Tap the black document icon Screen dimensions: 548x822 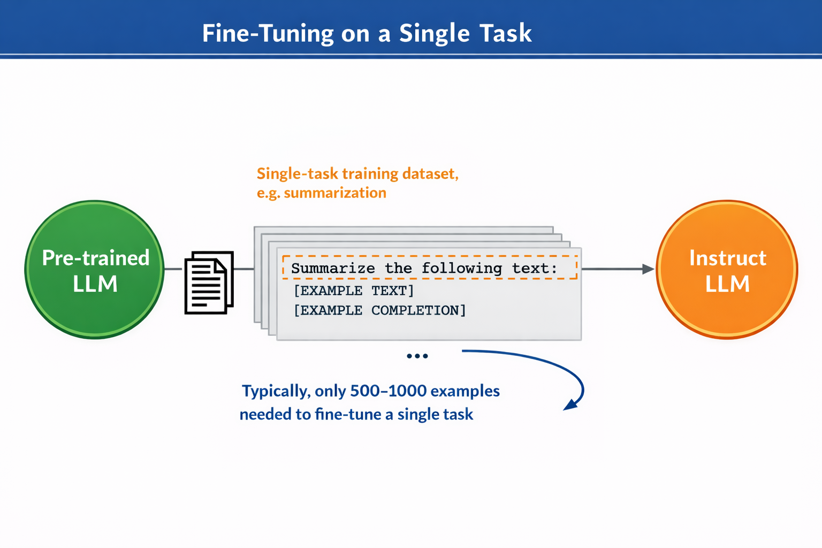[x=209, y=282]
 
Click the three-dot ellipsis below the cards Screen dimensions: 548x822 [x=417, y=356]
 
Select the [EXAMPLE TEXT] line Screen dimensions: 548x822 [x=354, y=291]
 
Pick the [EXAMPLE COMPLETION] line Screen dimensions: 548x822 [x=380, y=310]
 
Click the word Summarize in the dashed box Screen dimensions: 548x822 [x=333, y=268]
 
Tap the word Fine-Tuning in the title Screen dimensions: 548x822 [x=268, y=33]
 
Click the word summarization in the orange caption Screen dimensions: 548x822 [x=335, y=193]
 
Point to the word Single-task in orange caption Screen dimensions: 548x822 [x=297, y=173]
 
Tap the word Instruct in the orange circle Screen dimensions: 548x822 [x=727, y=258]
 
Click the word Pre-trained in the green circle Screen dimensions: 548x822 [x=96, y=258]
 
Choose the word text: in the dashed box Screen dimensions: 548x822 [x=535, y=268]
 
